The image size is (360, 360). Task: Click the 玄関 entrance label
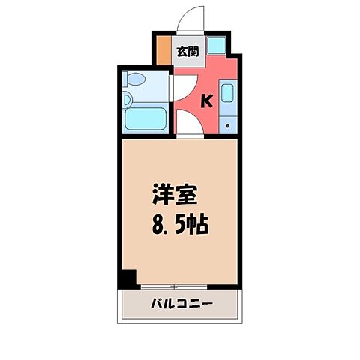click(x=187, y=52)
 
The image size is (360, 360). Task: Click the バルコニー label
click(x=180, y=305)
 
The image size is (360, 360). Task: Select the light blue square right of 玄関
click(x=216, y=46)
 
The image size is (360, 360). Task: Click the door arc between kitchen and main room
click(x=189, y=126)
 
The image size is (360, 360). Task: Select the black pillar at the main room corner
click(x=128, y=278)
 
